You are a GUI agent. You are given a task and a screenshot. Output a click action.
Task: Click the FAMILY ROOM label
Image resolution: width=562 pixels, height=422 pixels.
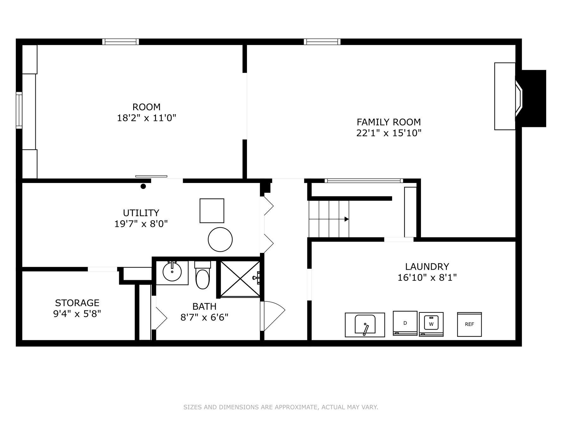click(x=389, y=122)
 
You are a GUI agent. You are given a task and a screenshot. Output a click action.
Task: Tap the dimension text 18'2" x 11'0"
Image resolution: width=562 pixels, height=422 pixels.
click(x=146, y=118)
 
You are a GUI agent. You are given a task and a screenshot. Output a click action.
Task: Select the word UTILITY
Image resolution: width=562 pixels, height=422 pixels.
click(x=141, y=213)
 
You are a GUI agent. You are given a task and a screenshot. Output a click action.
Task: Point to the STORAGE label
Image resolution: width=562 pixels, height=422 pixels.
click(x=77, y=303)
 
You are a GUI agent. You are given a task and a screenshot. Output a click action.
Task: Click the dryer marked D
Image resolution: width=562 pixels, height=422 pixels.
click(x=405, y=323)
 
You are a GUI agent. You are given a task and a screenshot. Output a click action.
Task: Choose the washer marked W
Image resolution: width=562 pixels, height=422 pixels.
click(x=431, y=324)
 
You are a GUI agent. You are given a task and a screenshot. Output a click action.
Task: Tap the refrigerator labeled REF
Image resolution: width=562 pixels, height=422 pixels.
click(x=469, y=324)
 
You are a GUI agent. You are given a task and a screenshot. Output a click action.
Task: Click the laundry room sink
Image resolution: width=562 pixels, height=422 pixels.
click(x=365, y=325)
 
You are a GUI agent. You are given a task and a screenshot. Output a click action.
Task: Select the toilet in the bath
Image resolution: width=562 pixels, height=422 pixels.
click(x=202, y=275)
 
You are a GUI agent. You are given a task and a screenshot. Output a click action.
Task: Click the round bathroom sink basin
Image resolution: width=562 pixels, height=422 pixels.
click(x=172, y=272)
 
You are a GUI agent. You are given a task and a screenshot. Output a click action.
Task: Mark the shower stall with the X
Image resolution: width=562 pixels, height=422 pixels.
click(x=240, y=279)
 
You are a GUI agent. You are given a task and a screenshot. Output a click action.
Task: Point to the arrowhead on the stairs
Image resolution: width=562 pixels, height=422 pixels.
click(x=347, y=219)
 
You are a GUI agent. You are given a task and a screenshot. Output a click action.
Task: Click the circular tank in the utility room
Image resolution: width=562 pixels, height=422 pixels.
click(x=220, y=240)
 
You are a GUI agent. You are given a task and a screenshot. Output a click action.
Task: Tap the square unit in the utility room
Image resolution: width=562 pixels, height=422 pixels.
click(x=212, y=211)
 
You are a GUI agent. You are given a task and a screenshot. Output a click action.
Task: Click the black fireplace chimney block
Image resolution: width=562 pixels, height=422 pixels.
click(x=534, y=98)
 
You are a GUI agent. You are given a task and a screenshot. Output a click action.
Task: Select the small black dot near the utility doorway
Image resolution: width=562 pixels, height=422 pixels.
click(x=143, y=186)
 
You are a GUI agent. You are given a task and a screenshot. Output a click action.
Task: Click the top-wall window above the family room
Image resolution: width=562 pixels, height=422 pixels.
click(x=322, y=42)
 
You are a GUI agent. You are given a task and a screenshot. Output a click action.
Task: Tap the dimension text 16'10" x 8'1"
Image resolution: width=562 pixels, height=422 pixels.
click(x=427, y=278)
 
